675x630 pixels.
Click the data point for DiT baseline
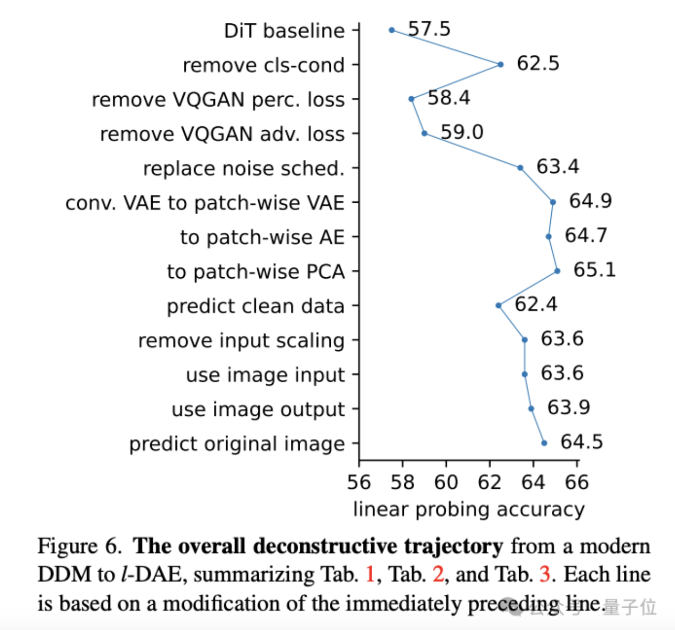(x=392, y=30)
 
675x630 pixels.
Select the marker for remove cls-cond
(x=501, y=65)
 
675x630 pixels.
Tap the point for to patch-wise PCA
(x=557, y=271)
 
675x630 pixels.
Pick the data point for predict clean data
(x=498, y=305)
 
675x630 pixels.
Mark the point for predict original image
(x=544, y=443)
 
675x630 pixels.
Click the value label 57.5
(x=429, y=29)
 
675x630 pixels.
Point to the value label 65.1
(x=594, y=269)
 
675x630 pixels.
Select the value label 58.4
(x=449, y=97)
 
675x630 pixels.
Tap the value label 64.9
(x=590, y=201)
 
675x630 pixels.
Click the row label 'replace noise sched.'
(x=243, y=169)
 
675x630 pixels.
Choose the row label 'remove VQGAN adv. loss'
(x=222, y=134)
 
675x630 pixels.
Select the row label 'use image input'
(x=265, y=375)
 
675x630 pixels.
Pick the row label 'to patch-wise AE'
(x=262, y=237)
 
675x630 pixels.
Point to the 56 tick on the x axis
(x=359, y=482)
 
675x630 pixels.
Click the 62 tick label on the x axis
(x=490, y=482)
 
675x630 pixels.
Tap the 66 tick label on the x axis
(x=577, y=482)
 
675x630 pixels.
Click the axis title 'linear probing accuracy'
(x=468, y=509)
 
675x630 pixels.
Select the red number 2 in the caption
(x=438, y=574)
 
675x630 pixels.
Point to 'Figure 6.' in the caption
(x=80, y=546)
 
